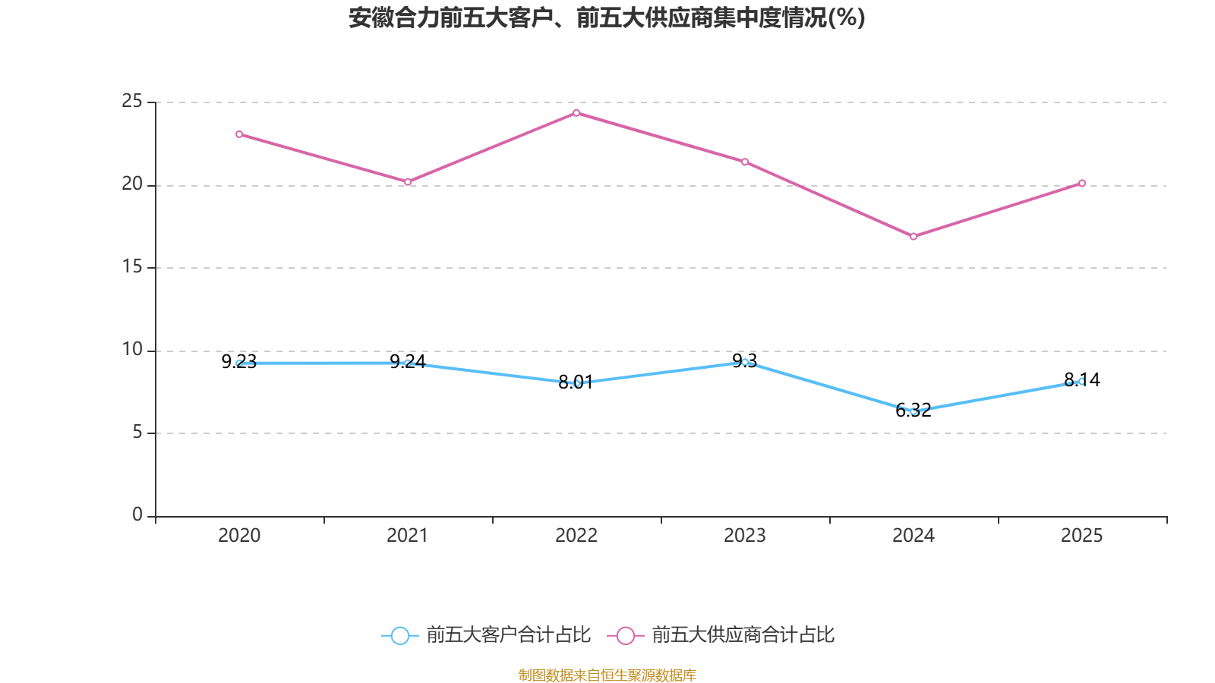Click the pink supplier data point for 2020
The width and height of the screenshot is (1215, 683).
[x=239, y=134]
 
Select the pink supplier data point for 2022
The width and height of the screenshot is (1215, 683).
[x=576, y=113]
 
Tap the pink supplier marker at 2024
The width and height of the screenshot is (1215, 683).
[x=914, y=237]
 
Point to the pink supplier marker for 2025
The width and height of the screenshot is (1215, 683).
[x=1082, y=183]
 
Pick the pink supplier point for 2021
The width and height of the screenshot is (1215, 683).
[x=408, y=182]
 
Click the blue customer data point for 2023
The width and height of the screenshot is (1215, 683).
[x=745, y=362]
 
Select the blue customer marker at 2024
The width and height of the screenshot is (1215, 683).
[x=914, y=411]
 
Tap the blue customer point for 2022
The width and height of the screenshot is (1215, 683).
[x=576, y=383]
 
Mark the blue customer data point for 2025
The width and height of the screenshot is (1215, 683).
[x=1081, y=381]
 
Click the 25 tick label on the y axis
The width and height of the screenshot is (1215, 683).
[x=132, y=101]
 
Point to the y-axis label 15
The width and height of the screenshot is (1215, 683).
[x=132, y=266]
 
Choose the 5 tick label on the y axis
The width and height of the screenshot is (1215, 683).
[x=137, y=432]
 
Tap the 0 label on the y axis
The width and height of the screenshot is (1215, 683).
[x=137, y=515]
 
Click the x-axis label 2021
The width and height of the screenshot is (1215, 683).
[x=408, y=536]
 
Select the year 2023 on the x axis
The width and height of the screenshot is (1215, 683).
[x=745, y=536]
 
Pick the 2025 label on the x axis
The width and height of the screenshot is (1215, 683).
[x=1081, y=536]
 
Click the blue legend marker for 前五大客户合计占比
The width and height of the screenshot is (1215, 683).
[x=399, y=635]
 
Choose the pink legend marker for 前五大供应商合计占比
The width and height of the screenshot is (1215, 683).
[x=625, y=635]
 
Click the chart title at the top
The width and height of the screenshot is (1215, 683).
[x=607, y=17]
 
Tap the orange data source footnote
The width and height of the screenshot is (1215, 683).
[x=607, y=675]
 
